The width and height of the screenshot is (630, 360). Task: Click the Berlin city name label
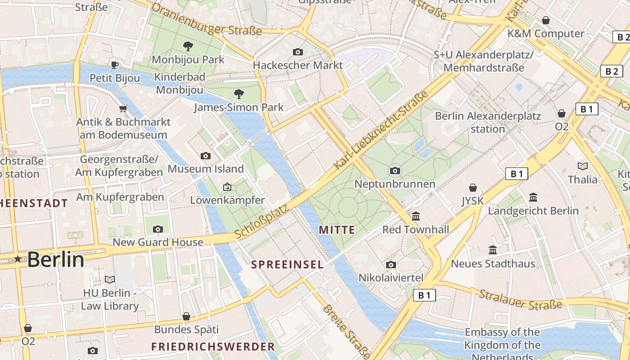coord(55,260)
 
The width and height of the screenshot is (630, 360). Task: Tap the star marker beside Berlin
coord(18,259)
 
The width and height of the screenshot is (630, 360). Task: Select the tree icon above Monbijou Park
coord(188,45)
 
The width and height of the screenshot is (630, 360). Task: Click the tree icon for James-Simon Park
coord(239,94)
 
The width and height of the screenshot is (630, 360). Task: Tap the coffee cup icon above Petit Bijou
coord(115,65)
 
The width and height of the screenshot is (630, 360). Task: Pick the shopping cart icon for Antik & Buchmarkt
coord(123,108)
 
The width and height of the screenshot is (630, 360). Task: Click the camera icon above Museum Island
coord(206,156)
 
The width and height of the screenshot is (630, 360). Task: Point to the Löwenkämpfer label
coord(227,200)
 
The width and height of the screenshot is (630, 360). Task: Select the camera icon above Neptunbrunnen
coord(395,171)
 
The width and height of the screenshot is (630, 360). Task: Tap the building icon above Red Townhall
coord(416,216)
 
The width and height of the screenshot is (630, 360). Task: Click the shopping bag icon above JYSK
coord(472,187)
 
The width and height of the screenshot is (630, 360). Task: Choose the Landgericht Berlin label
coord(533,211)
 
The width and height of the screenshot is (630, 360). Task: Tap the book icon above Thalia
coord(583,166)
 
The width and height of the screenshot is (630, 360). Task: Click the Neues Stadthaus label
coord(493,263)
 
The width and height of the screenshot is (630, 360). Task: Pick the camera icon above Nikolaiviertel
coord(391,265)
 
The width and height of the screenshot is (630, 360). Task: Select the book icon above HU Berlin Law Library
coord(110,279)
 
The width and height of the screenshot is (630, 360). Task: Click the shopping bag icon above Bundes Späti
coord(186,316)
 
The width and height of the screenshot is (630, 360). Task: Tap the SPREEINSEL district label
coord(287,265)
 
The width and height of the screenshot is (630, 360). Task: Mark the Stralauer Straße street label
coord(520,300)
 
